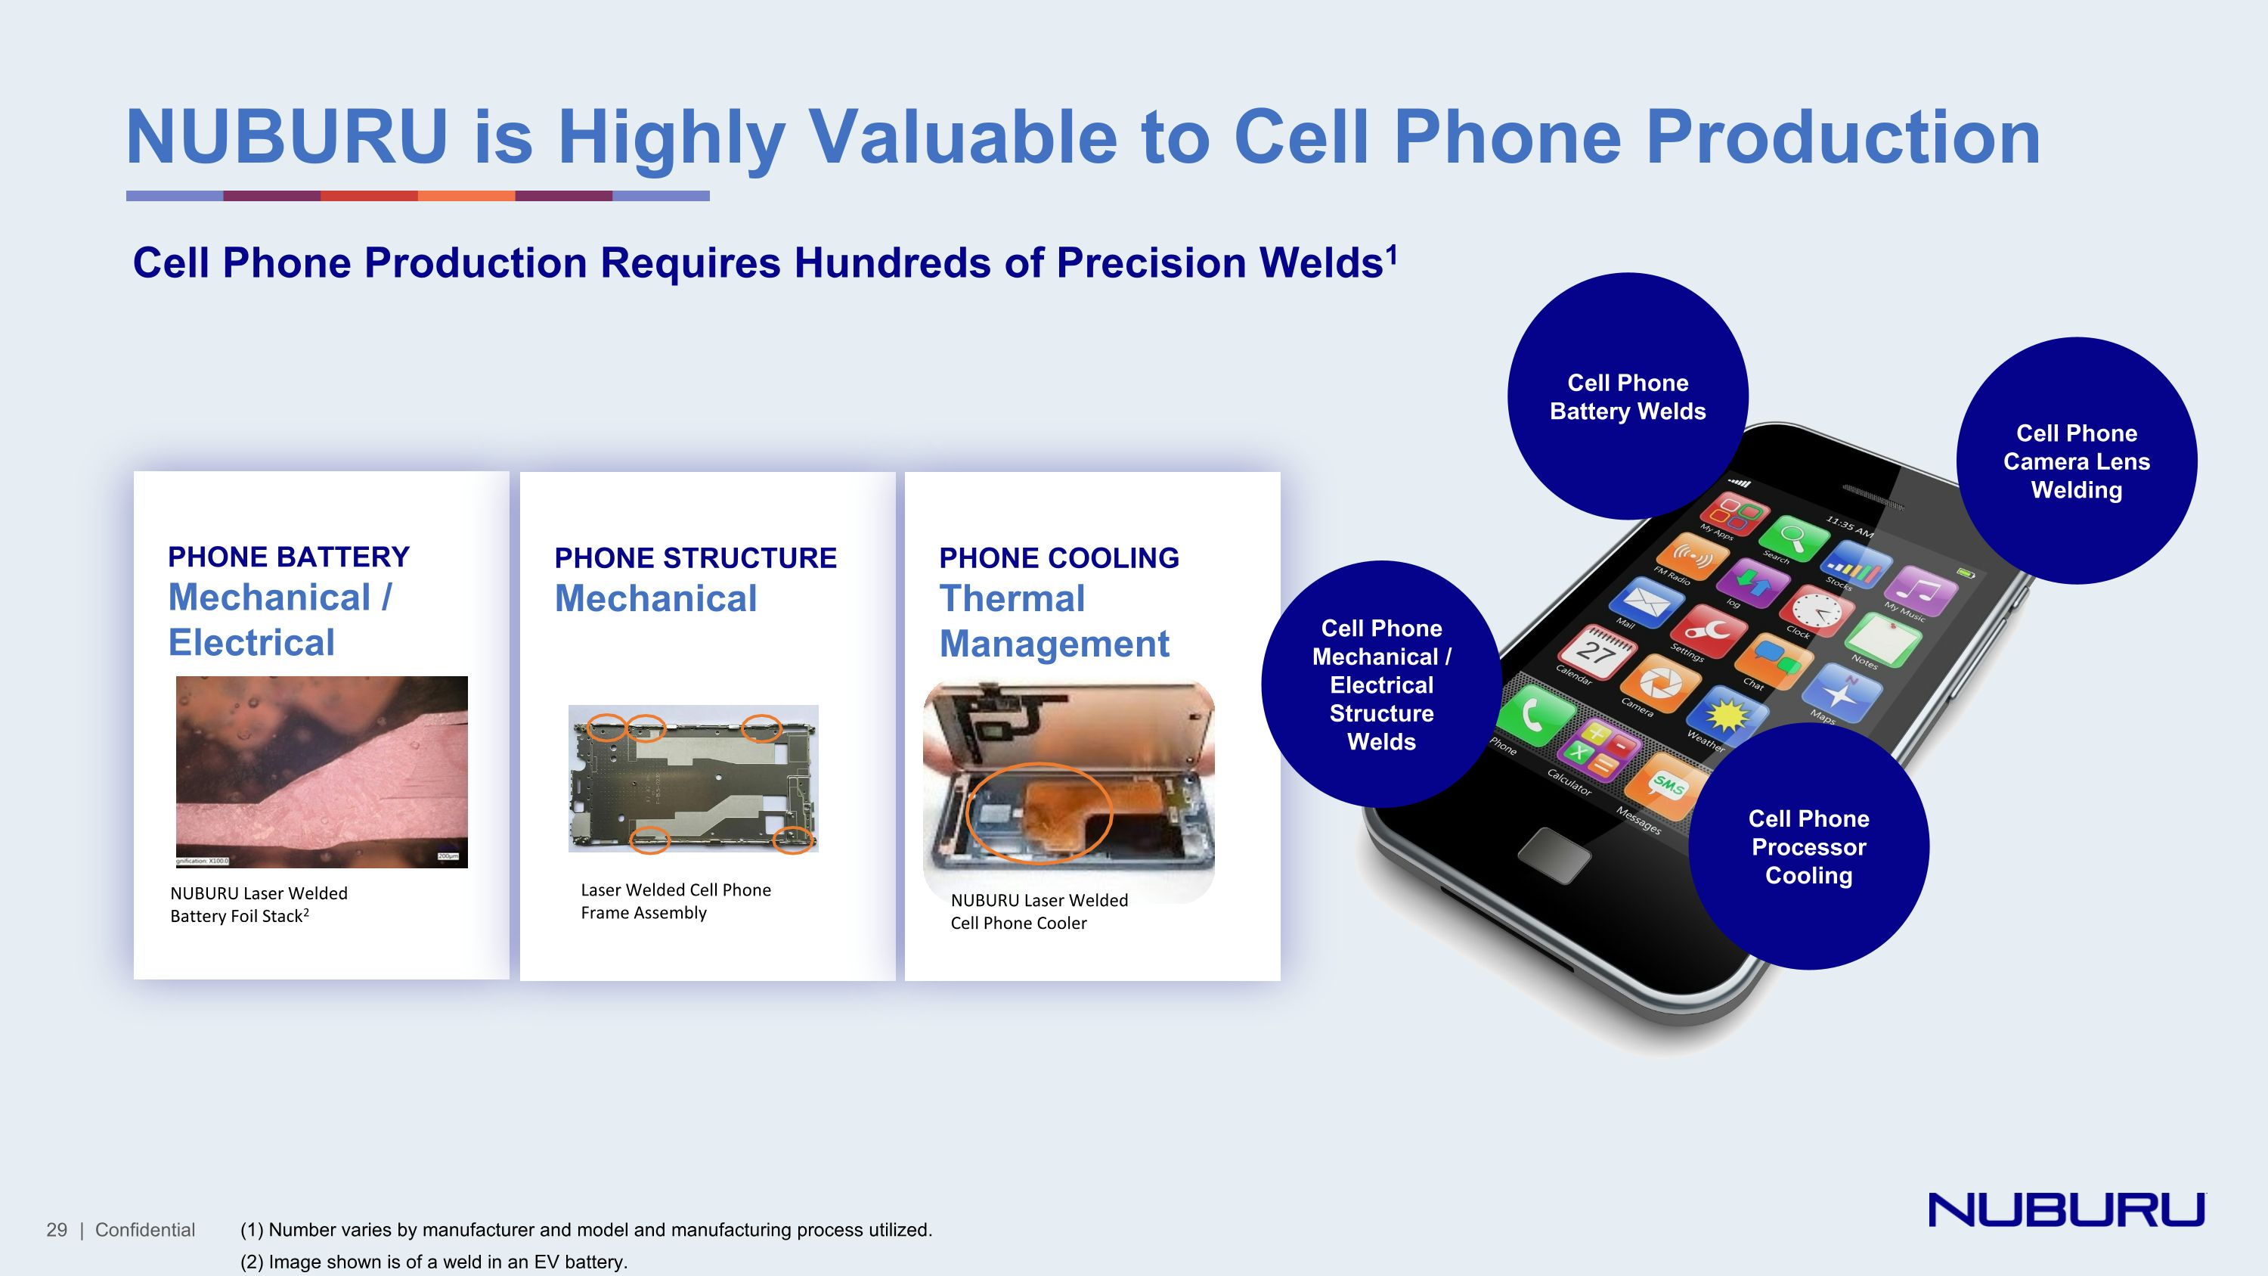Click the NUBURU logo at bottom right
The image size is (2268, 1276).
pyautogui.click(x=2065, y=1209)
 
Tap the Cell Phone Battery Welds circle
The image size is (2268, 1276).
pyautogui.click(x=1627, y=396)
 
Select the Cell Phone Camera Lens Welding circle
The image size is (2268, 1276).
pyautogui.click(x=2076, y=461)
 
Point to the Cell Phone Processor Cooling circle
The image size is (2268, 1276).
pyautogui.click(x=1808, y=846)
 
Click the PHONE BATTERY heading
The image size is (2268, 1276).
pyautogui.click(x=289, y=557)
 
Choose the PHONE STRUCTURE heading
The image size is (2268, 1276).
pyautogui.click(x=695, y=557)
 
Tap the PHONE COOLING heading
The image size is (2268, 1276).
pyautogui.click(x=1058, y=557)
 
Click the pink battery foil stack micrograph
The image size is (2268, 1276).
pyautogui.click(x=321, y=771)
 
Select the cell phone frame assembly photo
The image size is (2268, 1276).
pyautogui.click(x=693, y=778)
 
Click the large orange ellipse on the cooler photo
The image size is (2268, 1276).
pyautogui.click(x=1039, y=811)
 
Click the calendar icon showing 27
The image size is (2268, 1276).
pyautogui.click(x=1595, y=652)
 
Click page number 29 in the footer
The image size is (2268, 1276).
pyautogui.click(x=57, y=1229)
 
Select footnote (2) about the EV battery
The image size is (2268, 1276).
pyautogui.click(x=433, y=1261)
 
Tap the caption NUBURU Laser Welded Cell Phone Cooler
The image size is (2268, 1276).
pyautogui.click(x=1038, y=911)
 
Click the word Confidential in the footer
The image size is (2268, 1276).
pyautogui.click(x=145, y=1229)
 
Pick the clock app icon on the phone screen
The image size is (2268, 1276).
pyautogui.click(x=1817, y=610)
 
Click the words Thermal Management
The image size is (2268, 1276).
pyautogui.click(x=1053, y=621)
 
